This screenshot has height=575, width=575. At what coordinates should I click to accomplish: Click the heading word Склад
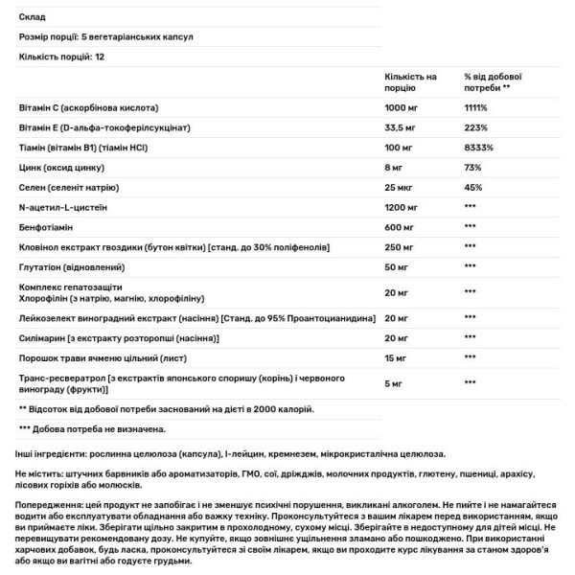[x=32, y=17]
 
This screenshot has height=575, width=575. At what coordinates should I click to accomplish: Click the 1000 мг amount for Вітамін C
[x=402, y=107]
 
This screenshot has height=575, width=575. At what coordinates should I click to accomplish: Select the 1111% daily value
[x=477, y=107]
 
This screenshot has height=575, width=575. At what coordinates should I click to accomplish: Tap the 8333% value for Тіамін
[x=480, y=149]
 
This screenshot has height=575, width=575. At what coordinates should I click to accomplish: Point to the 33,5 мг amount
[x=402, y=128]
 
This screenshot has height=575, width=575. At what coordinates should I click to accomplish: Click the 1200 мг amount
[x=402, y=208]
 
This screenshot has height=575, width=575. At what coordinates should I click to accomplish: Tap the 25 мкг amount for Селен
[x=401, y=189]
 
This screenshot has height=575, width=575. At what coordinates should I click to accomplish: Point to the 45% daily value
[x=473, y=189]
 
